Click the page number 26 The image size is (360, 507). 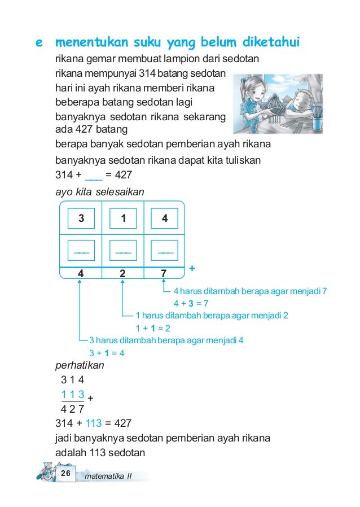65,473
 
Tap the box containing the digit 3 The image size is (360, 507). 81,218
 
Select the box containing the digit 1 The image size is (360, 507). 122,218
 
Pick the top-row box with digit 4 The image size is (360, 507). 164,218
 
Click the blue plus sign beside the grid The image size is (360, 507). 192,269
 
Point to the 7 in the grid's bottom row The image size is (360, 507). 164,274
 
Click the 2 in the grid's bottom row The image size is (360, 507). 122,274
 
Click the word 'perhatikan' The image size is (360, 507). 80,365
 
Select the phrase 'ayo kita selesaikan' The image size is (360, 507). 100,192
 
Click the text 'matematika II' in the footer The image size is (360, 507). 107,477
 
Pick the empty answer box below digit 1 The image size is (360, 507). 122,250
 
